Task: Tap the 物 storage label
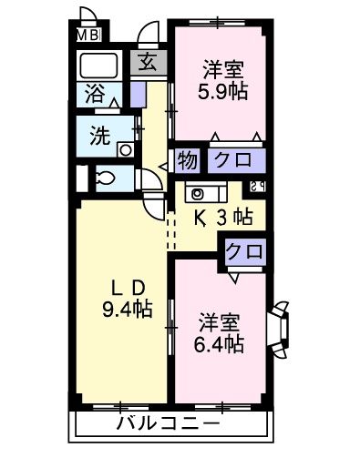coord(186,159)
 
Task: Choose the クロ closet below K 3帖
coord(242,250)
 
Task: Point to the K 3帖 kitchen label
coord(221,218)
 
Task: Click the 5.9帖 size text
coord(222,91)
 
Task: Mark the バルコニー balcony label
coord(168,424)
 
